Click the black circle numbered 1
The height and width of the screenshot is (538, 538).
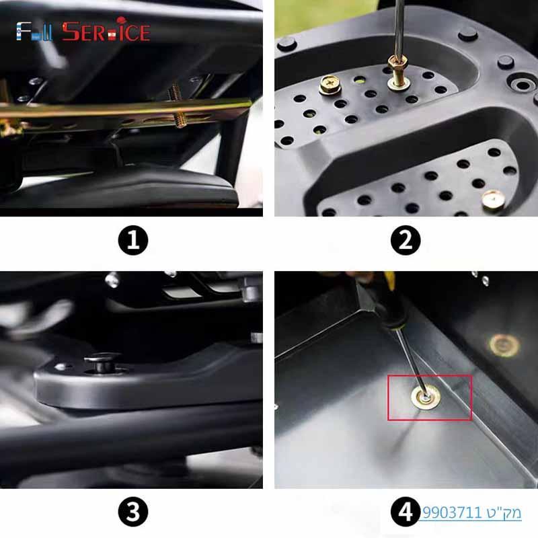(133, 241)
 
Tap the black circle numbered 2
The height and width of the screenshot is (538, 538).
(406, 241)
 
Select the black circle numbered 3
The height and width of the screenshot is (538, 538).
(133, 512)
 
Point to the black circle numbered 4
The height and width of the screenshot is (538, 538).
(406, 512)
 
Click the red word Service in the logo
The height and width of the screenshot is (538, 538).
(106, 32)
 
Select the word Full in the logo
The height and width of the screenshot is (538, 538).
(34, 32)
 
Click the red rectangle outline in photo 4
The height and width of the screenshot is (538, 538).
(430, 376)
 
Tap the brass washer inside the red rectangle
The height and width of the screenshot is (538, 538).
(426, 397)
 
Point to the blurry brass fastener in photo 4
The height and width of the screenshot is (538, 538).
(504, 345)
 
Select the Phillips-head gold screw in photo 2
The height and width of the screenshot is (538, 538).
(330, 84)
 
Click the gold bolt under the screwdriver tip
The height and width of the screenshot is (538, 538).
(398, 73)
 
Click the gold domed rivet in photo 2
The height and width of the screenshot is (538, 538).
(494, 199)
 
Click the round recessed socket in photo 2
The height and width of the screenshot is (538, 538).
(521, 84)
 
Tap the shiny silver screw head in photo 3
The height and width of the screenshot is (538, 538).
(112, 280)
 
